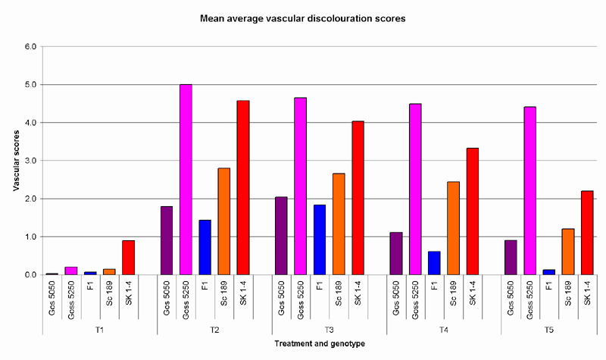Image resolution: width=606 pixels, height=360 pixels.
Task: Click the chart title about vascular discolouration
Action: point(302,17)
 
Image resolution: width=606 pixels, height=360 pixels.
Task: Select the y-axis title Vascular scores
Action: point(17,160)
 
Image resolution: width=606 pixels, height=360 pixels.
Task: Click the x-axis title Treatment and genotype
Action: point(302,345)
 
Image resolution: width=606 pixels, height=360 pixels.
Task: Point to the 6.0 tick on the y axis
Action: point(30,46)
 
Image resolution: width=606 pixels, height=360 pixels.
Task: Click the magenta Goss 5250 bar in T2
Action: point(186,180)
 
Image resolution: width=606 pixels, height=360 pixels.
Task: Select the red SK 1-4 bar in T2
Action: point(242,187)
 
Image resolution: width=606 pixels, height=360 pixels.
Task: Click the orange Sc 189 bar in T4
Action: point(453,228)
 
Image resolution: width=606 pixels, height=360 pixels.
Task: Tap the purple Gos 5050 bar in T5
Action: point(511,257)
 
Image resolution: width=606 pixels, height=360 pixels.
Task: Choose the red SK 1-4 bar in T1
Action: point(128,257)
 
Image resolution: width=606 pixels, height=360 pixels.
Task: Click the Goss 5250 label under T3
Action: point(301,294)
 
